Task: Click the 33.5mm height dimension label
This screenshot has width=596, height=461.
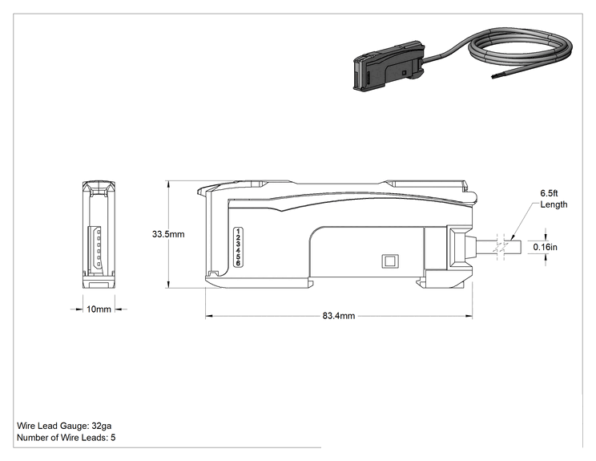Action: [168, 234]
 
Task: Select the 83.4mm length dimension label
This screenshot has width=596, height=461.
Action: [339, 316]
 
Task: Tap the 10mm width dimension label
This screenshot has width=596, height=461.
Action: [99, 309]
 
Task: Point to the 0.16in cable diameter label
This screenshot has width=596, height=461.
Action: [545, 247]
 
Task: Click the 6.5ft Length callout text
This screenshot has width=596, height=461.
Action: [554, 199]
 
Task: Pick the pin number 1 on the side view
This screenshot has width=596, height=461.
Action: [239, 231]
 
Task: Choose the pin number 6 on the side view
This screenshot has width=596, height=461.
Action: [239, 263]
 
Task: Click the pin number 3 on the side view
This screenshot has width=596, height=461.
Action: [239, 244]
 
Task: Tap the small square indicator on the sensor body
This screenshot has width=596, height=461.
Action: [389, 261]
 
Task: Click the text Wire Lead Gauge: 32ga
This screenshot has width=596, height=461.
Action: [64, 426]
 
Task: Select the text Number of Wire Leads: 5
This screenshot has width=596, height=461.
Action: [66, 438]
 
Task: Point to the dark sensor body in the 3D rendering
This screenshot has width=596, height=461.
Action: [389, 66]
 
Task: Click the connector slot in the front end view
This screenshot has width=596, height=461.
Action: [95, 250]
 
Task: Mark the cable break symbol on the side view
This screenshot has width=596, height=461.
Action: [501, 247]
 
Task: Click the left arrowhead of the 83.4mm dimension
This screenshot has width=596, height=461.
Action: [208, 316]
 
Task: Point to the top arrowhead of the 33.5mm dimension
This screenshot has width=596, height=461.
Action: [167, 184]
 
